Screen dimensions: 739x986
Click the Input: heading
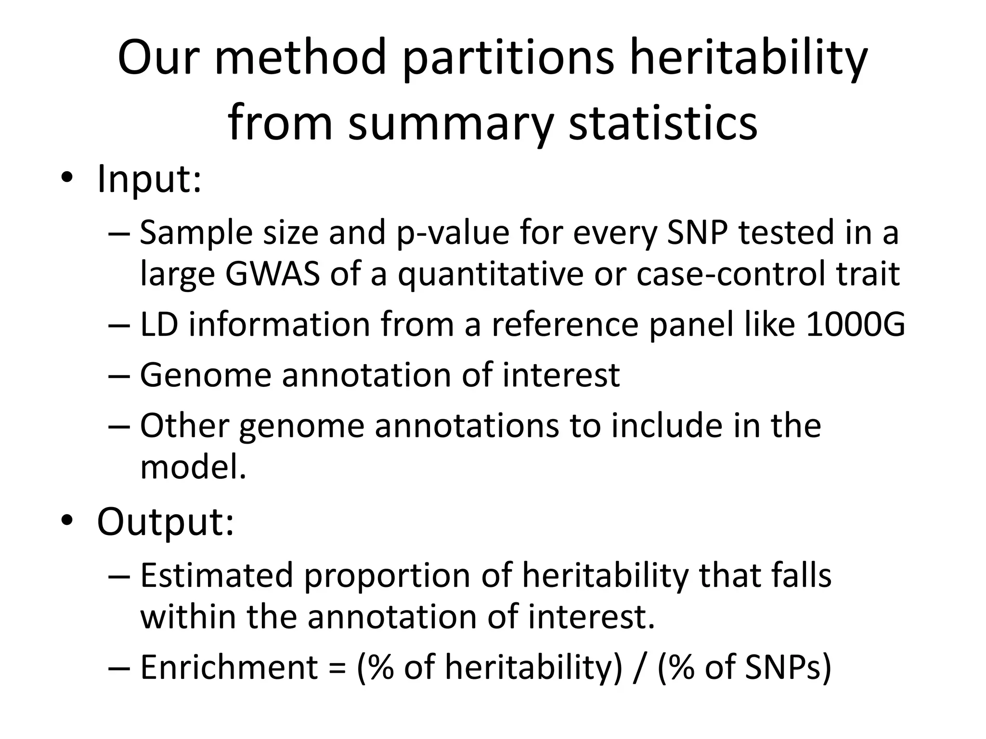[x=149, y=179]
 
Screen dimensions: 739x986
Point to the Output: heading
[x=165, y=522]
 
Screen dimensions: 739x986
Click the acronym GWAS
[x=272, y=274]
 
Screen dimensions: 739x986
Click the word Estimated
[x=216, y=575]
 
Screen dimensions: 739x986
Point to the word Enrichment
[x=229, y=668]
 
